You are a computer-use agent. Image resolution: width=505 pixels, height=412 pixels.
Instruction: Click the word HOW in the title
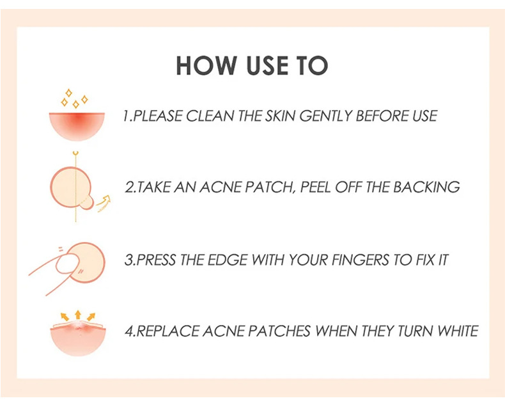(206, 66)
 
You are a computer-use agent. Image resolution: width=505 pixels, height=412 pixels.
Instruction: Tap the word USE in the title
(267, 66)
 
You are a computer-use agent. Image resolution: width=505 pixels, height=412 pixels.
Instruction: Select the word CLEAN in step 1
(209, 116)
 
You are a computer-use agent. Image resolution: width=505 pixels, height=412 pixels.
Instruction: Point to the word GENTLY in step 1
(325, 116)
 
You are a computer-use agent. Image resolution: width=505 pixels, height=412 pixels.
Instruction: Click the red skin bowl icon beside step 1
(77, 125)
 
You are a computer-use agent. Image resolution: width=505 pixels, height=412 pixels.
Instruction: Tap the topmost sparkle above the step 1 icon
(68, 93)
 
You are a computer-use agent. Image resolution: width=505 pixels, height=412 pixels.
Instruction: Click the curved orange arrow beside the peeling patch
(104, 203)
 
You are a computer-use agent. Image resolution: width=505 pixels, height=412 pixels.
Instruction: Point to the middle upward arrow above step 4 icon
(77, 315)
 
